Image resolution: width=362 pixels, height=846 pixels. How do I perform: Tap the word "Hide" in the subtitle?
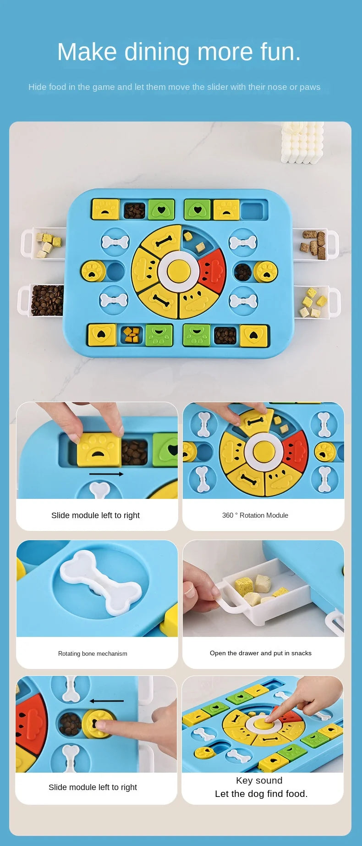(x=38, y=87)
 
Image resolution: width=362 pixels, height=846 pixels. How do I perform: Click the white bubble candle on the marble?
(x=302, y=142)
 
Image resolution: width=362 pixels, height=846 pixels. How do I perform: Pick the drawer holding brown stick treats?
(x=315, y=244)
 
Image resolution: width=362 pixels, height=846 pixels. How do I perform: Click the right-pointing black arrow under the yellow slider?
(x=106, y=474)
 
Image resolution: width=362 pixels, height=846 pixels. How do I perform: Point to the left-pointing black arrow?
(x=106, y=701)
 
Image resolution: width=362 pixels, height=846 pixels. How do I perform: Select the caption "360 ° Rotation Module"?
(x=255, y=515)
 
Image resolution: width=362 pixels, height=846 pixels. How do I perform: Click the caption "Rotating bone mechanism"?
(x=93, y=653)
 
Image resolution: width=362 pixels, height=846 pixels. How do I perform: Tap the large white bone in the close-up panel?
(x=101, y=582)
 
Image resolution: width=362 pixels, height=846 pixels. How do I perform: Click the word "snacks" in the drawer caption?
(x=301, y=653)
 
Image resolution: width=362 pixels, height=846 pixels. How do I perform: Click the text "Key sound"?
(x=259, y=780)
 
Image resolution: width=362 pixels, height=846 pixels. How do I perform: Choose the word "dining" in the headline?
(x=157, y=52)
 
